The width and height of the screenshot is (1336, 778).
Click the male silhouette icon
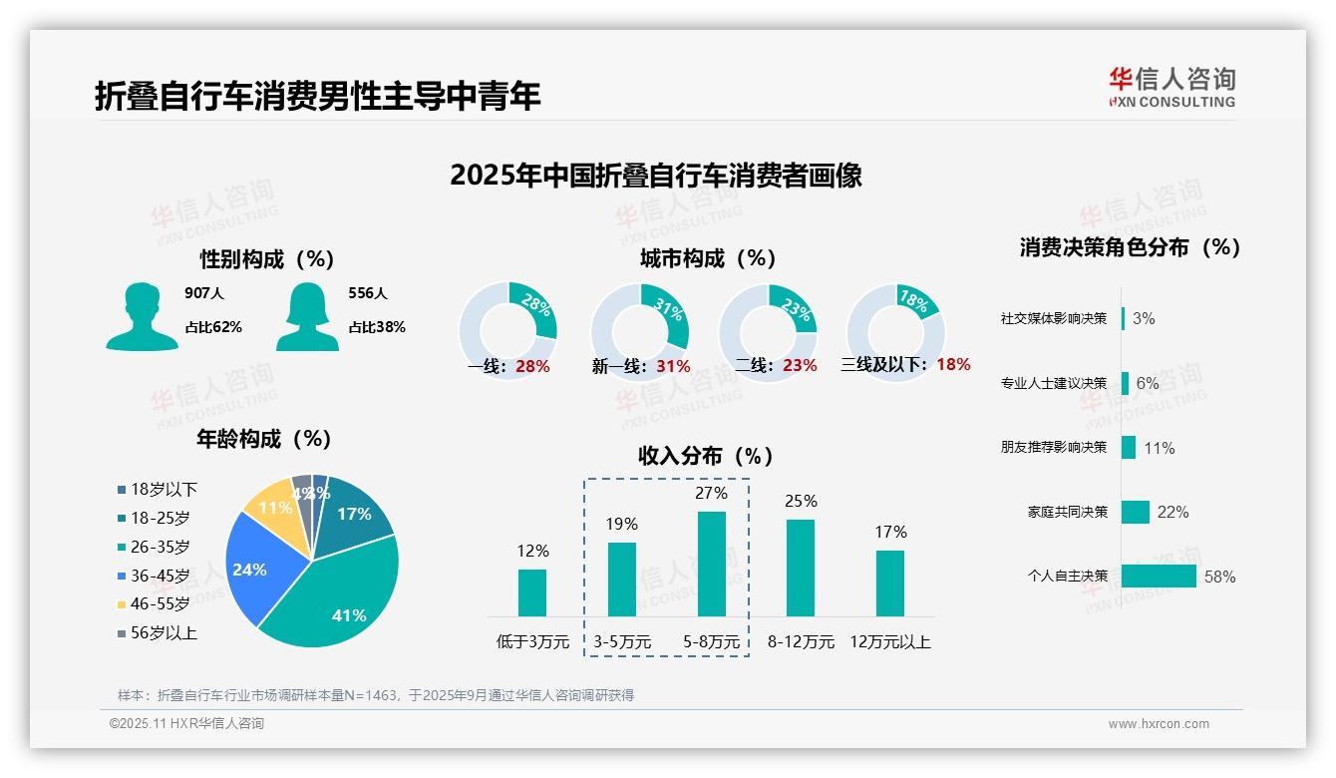point(142,316)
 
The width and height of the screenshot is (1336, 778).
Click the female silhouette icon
point(307,316)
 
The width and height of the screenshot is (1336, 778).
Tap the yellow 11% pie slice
point(271,508)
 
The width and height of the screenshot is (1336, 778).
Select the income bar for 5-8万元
point(711,564)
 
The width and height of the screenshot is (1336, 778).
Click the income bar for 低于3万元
point(532,592)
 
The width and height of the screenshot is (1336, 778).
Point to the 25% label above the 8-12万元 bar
point(801,501)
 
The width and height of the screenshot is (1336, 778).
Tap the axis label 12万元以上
point(890,642)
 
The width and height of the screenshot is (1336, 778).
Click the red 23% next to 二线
point(800,366)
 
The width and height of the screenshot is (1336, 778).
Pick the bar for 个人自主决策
point(1159,577)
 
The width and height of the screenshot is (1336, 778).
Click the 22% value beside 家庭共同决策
point(1172,512)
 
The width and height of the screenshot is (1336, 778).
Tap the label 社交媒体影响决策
point(1054,318)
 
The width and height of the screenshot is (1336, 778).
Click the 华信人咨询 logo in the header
point(1172,87)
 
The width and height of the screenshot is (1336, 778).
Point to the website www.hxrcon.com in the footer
point(1159,724)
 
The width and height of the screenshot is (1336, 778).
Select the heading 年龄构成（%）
point(264,439)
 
